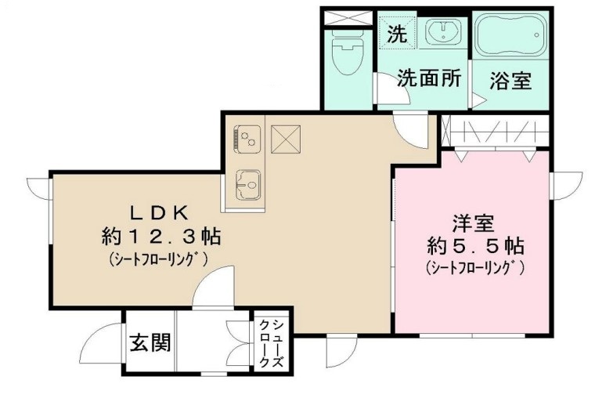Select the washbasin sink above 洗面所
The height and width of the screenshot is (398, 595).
(x=442, y=33)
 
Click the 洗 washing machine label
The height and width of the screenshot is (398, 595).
(x=398, y=34)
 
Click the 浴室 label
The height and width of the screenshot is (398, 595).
(x=511, y=81)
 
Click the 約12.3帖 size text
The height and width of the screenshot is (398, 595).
(x=160, y=235)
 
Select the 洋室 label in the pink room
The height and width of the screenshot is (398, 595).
(x=473, y=223)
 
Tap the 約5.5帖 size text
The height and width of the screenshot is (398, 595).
(x=474, y=245)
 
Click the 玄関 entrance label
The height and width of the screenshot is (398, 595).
(x=150, y=342)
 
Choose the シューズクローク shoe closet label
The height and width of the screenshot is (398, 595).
(x=271, y=344)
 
